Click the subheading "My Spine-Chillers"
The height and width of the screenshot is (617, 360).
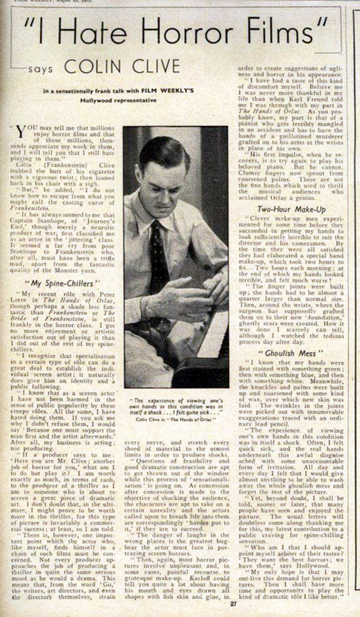click(62, 284)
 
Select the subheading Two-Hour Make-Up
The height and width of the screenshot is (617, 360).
click(292, 210)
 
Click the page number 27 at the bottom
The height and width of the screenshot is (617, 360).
click(233, 604)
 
